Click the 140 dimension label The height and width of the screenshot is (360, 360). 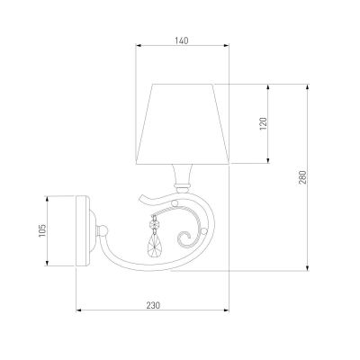182,40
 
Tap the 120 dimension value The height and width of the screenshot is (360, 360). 263,123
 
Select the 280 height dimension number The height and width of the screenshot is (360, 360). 302,177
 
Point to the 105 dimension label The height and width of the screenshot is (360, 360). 42,230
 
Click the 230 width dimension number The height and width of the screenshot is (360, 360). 153,305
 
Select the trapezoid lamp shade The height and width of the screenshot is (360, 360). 183,124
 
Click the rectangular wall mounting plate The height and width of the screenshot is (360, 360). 82,230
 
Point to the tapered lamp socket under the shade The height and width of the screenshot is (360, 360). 181,175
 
